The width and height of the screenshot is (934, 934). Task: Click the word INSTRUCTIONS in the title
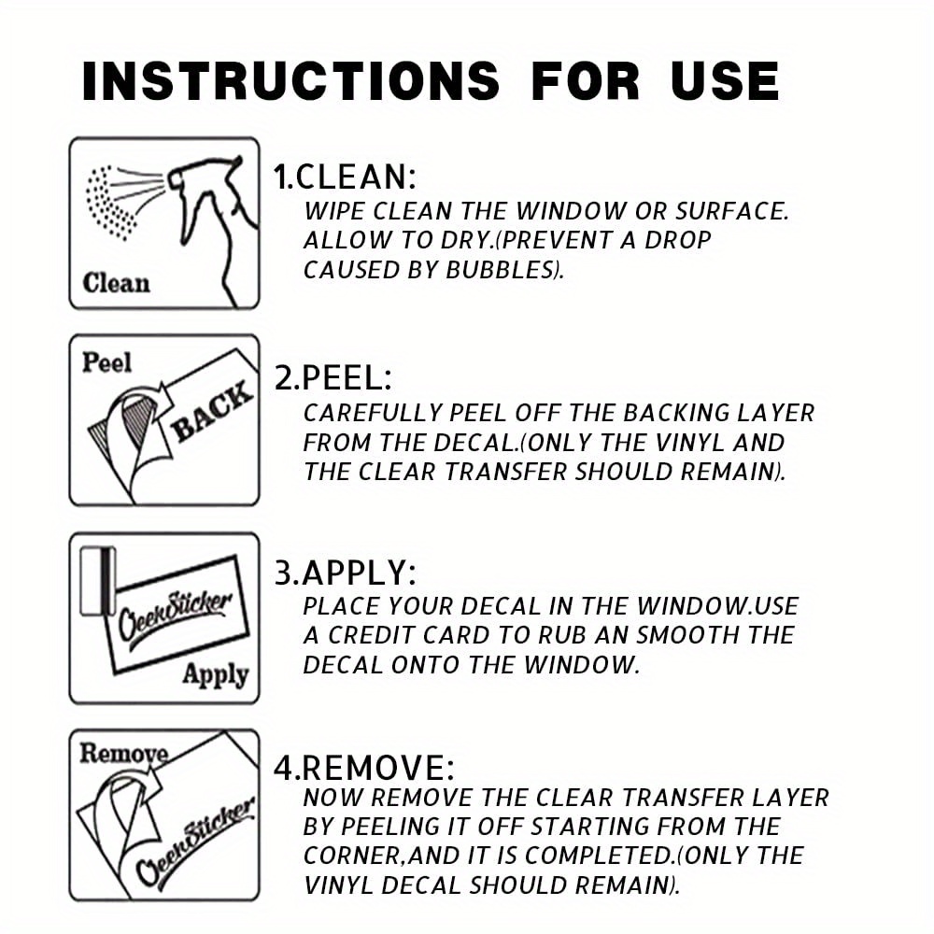tap(290, 81)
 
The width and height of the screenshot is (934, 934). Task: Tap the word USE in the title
tap(725, 81)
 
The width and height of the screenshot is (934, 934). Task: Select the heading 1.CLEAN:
tap(345, 177)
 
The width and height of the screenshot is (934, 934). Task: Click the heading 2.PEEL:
tap(333, 377)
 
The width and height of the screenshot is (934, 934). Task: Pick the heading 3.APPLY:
tap(345, 573)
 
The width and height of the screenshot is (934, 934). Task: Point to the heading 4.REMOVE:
tap(364, 767)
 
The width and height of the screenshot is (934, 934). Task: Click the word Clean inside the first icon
tap(116, 283)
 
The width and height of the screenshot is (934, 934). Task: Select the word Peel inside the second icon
tap(106, 362)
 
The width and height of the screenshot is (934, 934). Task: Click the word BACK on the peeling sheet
tap(211, 411)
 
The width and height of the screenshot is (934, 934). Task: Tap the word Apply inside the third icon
tap(215, 675)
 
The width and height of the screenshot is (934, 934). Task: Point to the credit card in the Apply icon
tap(98, 581)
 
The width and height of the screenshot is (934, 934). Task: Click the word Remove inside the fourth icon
tap(123, 754)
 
